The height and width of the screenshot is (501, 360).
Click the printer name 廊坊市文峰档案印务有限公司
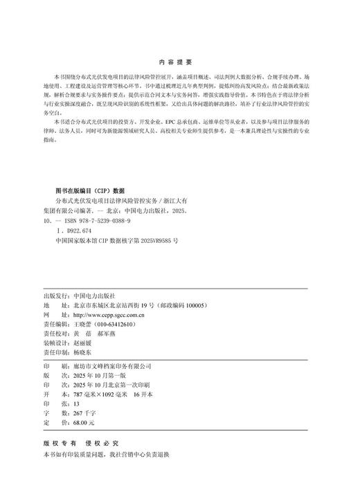tap(111, 365)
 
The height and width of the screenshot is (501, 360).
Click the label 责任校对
tap(55, 333)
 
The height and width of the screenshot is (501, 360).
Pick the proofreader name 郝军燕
tap(109, 333)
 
